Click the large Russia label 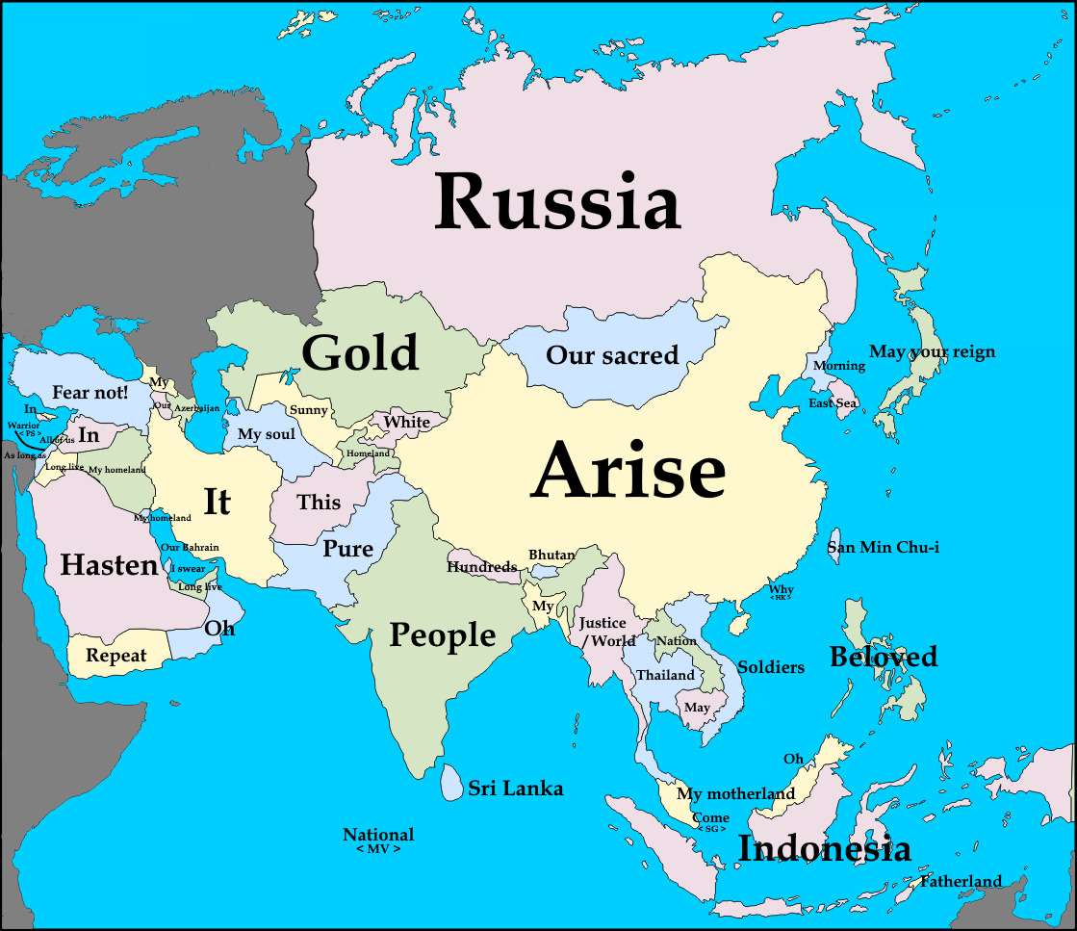point(557,203)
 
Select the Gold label point(360,352)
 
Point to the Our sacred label point(612,355)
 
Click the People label point(442,635)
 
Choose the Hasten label point(109,565)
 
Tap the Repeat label point(116,656)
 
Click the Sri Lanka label point(515,789)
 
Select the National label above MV point(378,835)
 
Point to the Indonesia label point(823,849)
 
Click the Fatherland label point(961,881)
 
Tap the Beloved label point(883,657)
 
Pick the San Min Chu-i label point(883,547)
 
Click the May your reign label point(932,351)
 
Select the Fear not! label point(90,392)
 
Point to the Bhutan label point(551,555)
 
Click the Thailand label point(665,675)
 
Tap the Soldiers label point(770,666)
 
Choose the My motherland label point(735,794)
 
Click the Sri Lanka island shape point(450,782)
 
